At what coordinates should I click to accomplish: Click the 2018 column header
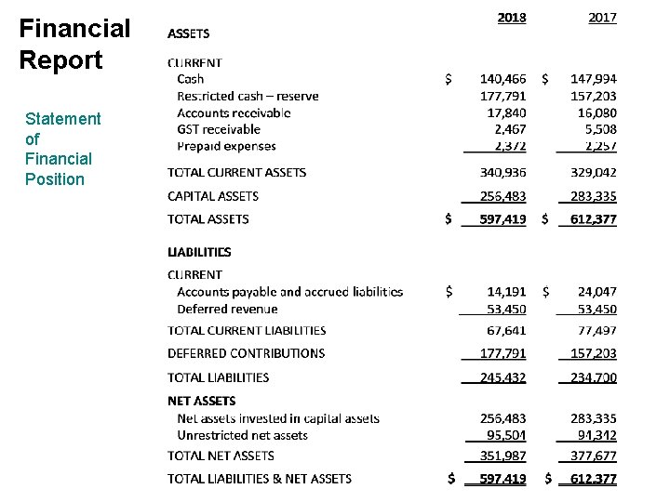coord(511,17)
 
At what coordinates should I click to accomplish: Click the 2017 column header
coord(602,17)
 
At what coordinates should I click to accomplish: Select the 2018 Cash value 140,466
coord(502,80)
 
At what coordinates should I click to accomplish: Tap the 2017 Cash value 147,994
coord(594,80)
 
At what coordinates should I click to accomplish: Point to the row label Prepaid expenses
coord(226,146)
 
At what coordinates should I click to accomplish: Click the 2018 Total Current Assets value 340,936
coord(502,172)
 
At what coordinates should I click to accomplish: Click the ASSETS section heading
coord(188,33)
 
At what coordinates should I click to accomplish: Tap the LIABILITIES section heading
coord(199,252)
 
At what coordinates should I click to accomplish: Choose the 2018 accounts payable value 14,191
coord(506,292)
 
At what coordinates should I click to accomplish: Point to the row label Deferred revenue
coord(227,309)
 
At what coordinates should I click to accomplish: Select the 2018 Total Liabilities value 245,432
coord(502,377)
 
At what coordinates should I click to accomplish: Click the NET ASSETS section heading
coord(201,401)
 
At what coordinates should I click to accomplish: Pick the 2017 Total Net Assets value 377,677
coord(594,456)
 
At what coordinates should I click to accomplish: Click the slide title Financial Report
coord(74,44)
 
